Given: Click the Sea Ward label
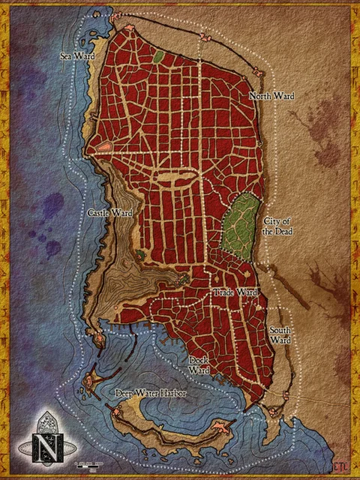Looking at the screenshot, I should pyautogui.click(x=76, y=55).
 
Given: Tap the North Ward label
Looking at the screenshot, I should pyautogui.click(x=271, y=97).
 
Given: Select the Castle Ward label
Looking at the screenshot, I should pyautogui.click(x=109, y=214).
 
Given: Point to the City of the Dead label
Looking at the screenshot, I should pyautogui.click(x=278, y=226).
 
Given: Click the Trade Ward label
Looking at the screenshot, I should pyautogui.click(x=235, y=292).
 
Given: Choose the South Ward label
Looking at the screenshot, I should pyautogui.click(x=280, y=335).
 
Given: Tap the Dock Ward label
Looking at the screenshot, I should pyautogui.click(x=199, y=365).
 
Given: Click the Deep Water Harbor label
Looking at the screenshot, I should pyautogui.click(x=151, y=393).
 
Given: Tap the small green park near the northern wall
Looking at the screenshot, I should pyautogui.click(x=158, y=55).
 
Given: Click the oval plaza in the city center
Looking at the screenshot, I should pyautogui.click(x=178, y=177).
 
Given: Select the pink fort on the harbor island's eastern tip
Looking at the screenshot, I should pyautogui.click(x=222, y=427).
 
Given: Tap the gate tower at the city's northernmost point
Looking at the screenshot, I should pyautogui.click(x=117, y=15).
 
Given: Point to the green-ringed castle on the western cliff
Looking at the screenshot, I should pyautogui.click(x=139, y=255).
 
